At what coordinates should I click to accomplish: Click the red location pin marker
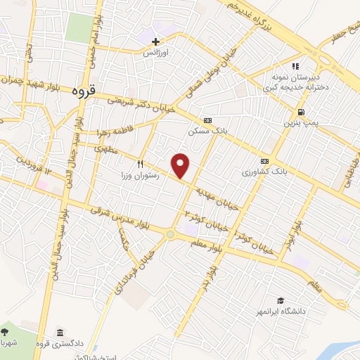click(x=181, y=166)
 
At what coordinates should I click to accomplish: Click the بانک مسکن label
click(x=205, y=131)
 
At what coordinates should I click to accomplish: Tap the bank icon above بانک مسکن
click(x=206, y=120)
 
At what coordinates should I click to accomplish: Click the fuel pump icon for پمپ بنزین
click(x=301, y=112)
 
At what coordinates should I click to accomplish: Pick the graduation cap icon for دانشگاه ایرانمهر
click(x=281, y=300)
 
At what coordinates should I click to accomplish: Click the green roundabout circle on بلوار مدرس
click(x=170, y=234)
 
